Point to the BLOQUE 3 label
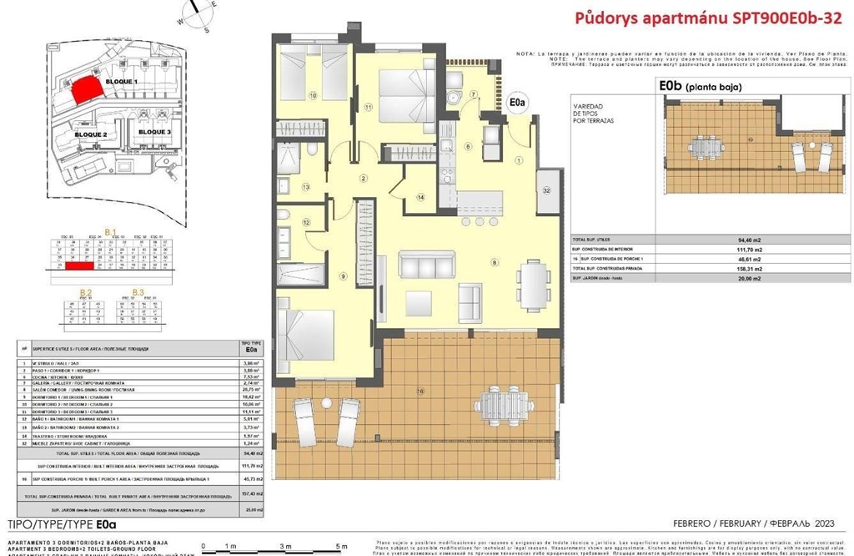pyautogui.click(x=154, y=132)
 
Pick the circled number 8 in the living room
pyautogui.click(x=495, y=264)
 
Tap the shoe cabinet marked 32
pyautogui.click(x=547, y=190)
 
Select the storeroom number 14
pyautogui.click(x=420, y=197)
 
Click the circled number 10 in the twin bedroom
pyautogui.click(x=314, y=96)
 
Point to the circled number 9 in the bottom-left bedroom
pyautogui.click(x=343, y=276)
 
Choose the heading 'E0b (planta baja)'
pyautogui.click(x=699, y=86)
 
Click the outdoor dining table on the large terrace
pyautogui.click(x=504, y=404)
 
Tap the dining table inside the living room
pyautogui.click(x=531, y=285)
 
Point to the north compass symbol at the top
pyautogui.click(x=196, y=12)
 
